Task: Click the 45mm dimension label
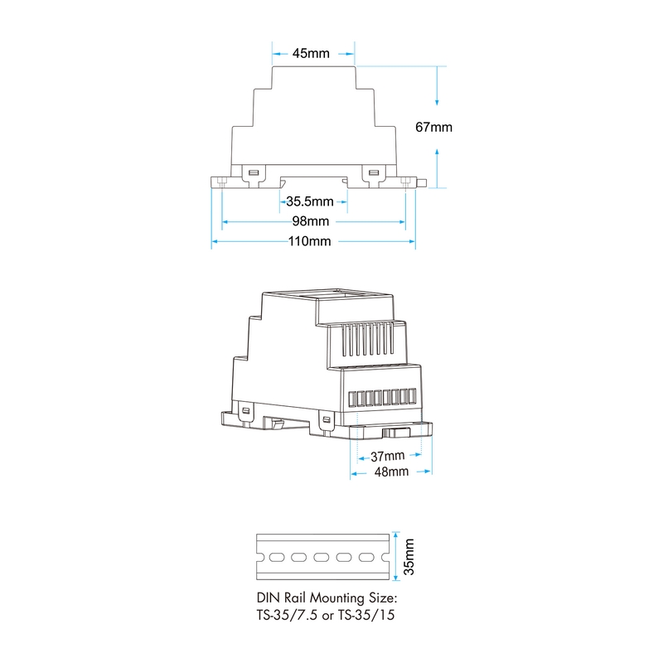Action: (x=311, y=53)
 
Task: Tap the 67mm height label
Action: (x=433, y=127)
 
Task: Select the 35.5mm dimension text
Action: (x=310, y=201)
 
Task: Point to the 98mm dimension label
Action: (x=311, y=221)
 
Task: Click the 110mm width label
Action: (x=309, y=241)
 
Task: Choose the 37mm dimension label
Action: (x=387, y=457)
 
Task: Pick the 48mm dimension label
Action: (x=391, y=472)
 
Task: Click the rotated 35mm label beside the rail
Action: (x=409, y=557)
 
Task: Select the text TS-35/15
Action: (x=366, y=615)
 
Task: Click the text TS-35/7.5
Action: (x=287, y=615)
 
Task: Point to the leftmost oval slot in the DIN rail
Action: (x=277, y=558)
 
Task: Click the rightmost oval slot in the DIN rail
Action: (x=366, y=558)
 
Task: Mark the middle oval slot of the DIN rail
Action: (x=322, y=558)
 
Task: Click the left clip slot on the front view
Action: (x=254, y=172)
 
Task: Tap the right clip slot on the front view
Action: (x=374, y=172)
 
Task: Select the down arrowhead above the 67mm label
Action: (x=437, y=102)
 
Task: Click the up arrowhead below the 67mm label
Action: (x=437, y=152)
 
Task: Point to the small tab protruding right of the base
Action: (x=422, y=183)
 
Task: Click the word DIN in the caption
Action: (x=268, y=598)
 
